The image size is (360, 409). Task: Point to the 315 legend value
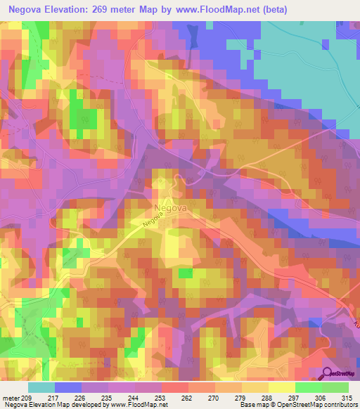coord(347,398)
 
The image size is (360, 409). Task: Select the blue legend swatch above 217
coord(68,387)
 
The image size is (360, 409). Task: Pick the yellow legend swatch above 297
coord(281,387)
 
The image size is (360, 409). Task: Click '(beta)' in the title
coord(308,8)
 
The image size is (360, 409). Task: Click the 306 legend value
coord(319,398)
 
